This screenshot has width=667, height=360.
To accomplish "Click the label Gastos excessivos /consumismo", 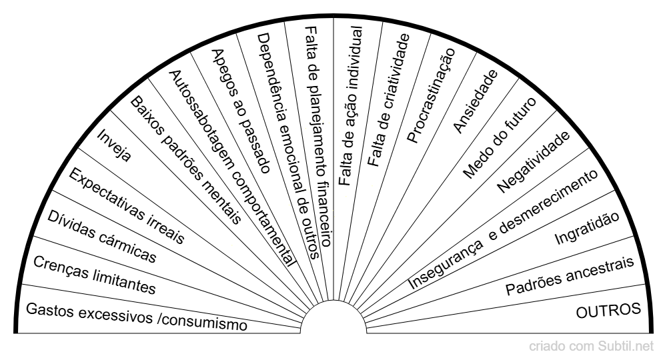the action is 137,317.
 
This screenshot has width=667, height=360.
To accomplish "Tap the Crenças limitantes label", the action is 95,275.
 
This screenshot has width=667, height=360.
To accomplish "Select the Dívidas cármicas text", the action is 101,236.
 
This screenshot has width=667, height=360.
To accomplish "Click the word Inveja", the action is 113,145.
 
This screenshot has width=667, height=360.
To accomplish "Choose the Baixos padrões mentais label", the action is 186,160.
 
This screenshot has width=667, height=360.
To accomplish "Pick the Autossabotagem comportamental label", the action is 232,168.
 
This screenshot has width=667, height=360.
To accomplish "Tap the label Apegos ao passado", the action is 241,111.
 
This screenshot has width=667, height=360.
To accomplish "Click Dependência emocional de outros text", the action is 288,146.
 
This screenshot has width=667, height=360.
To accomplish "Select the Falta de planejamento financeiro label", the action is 318,137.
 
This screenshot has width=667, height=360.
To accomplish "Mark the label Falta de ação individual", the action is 351,106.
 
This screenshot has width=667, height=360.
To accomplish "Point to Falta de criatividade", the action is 388,100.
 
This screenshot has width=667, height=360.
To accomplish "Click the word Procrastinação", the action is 431,95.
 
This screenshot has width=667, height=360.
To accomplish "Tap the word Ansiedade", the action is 475,101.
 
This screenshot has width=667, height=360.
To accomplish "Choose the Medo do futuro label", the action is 500,138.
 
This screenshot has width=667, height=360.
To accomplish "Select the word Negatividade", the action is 533,162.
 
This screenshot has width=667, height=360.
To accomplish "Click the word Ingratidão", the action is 587,228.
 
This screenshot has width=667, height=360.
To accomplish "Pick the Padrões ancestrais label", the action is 570,276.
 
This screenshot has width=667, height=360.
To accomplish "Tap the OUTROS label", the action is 608,311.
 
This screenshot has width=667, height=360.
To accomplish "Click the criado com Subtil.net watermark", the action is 591,346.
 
